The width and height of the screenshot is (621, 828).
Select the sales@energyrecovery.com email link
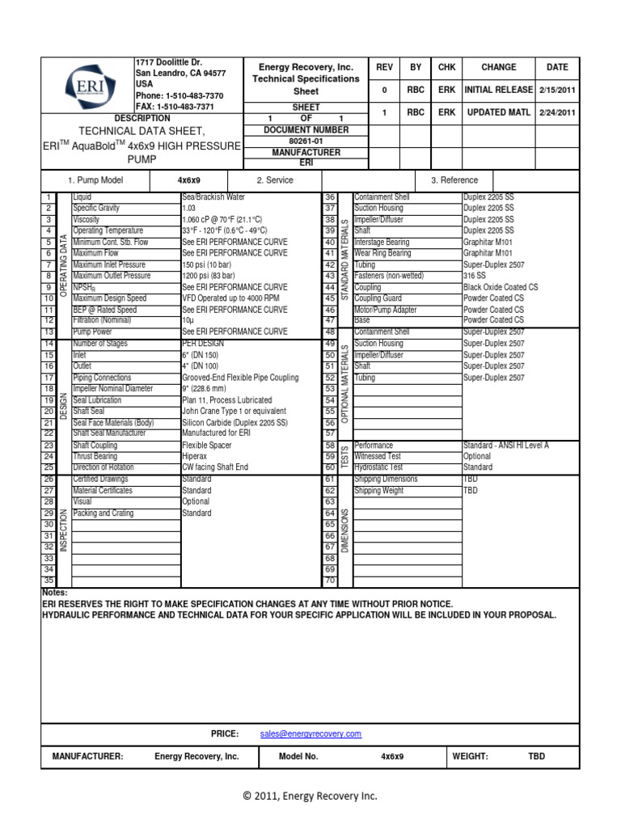(310, 733)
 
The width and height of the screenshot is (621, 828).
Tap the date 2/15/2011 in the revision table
(557, 91)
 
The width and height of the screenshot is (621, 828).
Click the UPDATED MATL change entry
(498, 113)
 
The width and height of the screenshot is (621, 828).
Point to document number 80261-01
(295, 141)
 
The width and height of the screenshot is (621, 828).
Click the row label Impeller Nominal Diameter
(112, 389)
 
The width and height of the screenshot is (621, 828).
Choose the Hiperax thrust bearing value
(196, 456)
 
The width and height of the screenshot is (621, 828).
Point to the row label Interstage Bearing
(382, 242)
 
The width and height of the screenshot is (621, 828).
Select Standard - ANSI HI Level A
(505, 446)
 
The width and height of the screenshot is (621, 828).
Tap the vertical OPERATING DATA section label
(62, 264)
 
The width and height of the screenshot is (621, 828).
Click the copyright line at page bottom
(310, 796)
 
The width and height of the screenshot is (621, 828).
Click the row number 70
(330, 581)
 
